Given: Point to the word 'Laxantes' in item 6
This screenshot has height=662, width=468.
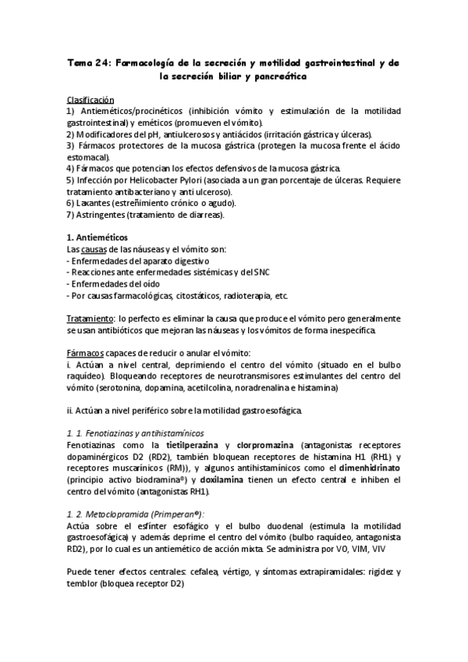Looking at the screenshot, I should tap(93, 202).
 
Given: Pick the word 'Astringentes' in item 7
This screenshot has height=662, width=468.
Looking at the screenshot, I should tap(98, 214).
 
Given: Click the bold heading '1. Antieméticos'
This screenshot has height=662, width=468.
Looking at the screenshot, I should tap(97, 237).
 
